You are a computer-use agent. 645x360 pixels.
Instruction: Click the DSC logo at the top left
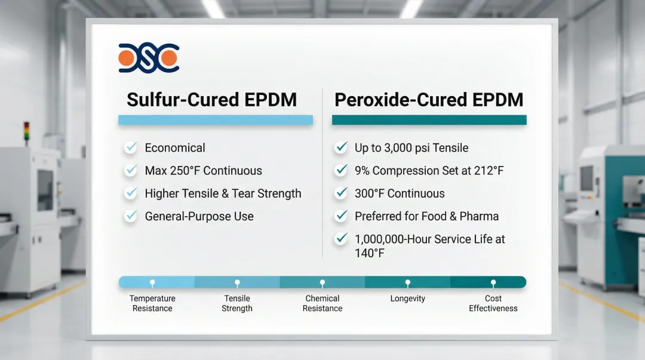click(149, 58)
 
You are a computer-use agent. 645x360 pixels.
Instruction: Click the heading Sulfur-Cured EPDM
click(212, 100)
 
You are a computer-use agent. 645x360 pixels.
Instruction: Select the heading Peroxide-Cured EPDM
click(429, 100)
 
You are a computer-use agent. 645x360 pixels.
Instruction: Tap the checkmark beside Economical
click(131, 147)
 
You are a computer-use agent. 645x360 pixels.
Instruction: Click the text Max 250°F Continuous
click(203, 171)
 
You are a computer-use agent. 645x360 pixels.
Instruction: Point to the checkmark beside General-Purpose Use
click(131, 216)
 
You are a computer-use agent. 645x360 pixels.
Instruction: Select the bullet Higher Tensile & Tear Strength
click(223, 193)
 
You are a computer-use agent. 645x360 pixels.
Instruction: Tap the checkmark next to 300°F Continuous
click(341, 193)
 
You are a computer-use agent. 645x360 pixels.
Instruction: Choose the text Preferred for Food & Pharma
click(426, 216)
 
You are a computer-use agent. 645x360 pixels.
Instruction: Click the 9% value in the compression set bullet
click(362, 171)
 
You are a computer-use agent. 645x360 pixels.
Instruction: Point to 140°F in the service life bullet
click(370, 253)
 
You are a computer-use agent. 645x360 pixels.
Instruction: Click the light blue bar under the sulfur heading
click(216, 120)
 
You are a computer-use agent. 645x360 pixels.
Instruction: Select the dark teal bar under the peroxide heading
click(429, 120)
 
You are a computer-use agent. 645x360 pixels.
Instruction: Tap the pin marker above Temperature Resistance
click(152, 283)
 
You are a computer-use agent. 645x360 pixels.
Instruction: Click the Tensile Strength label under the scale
click(237, 303)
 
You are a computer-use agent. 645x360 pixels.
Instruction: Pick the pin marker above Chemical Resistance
click(322, 283)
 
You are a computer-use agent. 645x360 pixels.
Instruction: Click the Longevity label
click(408, 299)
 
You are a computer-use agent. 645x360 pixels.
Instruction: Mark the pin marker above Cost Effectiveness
click(493, 283)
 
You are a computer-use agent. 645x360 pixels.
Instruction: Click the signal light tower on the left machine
click(27, 133)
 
